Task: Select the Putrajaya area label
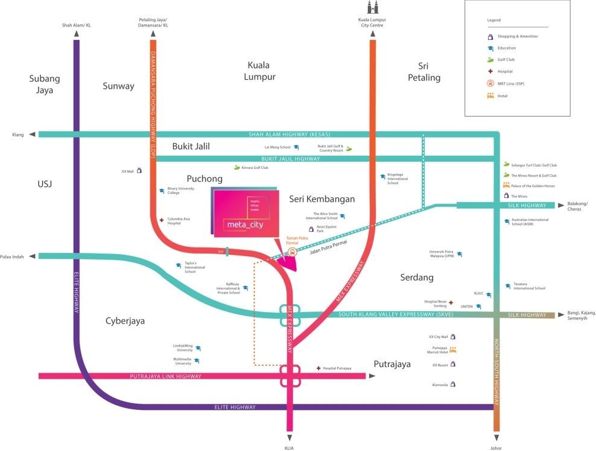[x=392, y=364]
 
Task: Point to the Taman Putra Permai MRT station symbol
[x=293, y=252]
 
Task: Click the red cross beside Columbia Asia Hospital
[x=161, y=220]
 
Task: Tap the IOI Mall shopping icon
[x=140, y=171]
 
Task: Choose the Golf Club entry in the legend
[x=506, y=60]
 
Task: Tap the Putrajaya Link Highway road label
[x=166, y=376]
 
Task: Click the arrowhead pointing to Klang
[x=31, y=135]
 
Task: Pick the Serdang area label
[x=417, y=277]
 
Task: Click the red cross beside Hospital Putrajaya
[x=319, y=368]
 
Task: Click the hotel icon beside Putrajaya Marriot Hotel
[x=453, y=350]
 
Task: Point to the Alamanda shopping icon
[x=453, y=384]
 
